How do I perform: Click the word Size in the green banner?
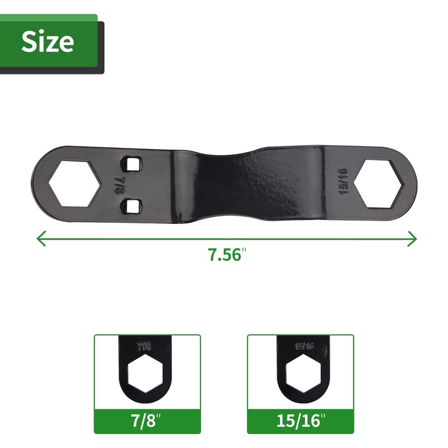48,41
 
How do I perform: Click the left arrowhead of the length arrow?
41,239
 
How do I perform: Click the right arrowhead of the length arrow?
412,239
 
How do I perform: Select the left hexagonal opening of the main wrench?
74,183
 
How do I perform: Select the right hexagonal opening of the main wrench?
379,184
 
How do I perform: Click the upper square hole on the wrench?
132,164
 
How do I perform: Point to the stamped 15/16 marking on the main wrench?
343,180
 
